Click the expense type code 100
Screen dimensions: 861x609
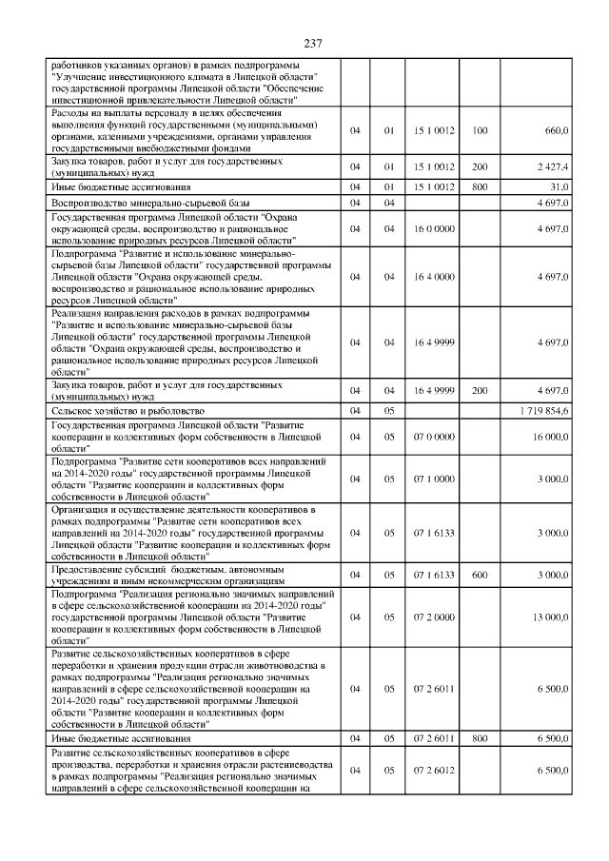pos(480,130)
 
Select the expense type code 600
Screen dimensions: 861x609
pos(480,574)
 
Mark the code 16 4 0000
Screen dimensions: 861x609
pos(431,277)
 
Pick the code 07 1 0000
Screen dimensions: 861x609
pos(431,479)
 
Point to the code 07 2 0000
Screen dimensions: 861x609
pos(431,617)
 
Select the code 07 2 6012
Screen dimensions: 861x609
pos(431,770)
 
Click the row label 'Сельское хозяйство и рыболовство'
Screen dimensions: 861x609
pos(126,409)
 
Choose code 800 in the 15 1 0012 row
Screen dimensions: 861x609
pos(480,187)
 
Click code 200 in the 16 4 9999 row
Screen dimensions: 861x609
pos(480,390)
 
